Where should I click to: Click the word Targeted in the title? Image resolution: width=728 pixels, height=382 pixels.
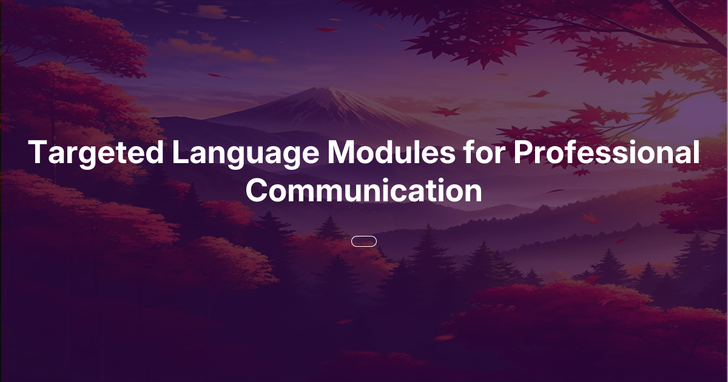(x=95, y=153)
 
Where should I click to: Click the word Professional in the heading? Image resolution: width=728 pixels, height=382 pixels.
(x=606, y=153)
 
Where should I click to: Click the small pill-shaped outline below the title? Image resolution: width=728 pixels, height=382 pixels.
(x=364, y=241)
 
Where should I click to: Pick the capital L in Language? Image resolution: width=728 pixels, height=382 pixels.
(x=179, y=153)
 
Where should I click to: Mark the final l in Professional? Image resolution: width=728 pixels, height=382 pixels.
(x=695, y=153)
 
